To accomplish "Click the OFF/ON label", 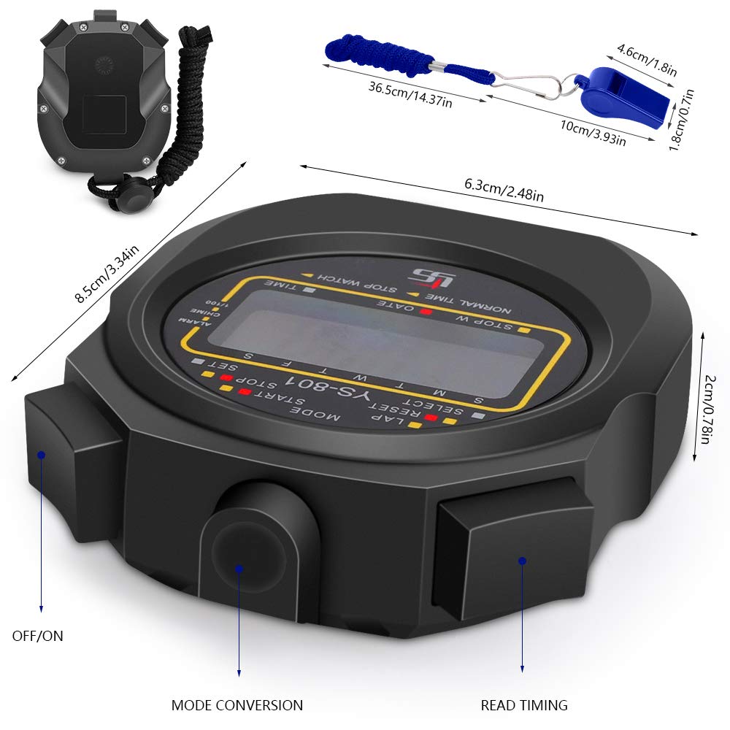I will click(x=37, y=636).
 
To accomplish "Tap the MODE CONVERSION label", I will click(x=237, y=705).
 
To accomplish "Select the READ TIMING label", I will click(x=523, y=705).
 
